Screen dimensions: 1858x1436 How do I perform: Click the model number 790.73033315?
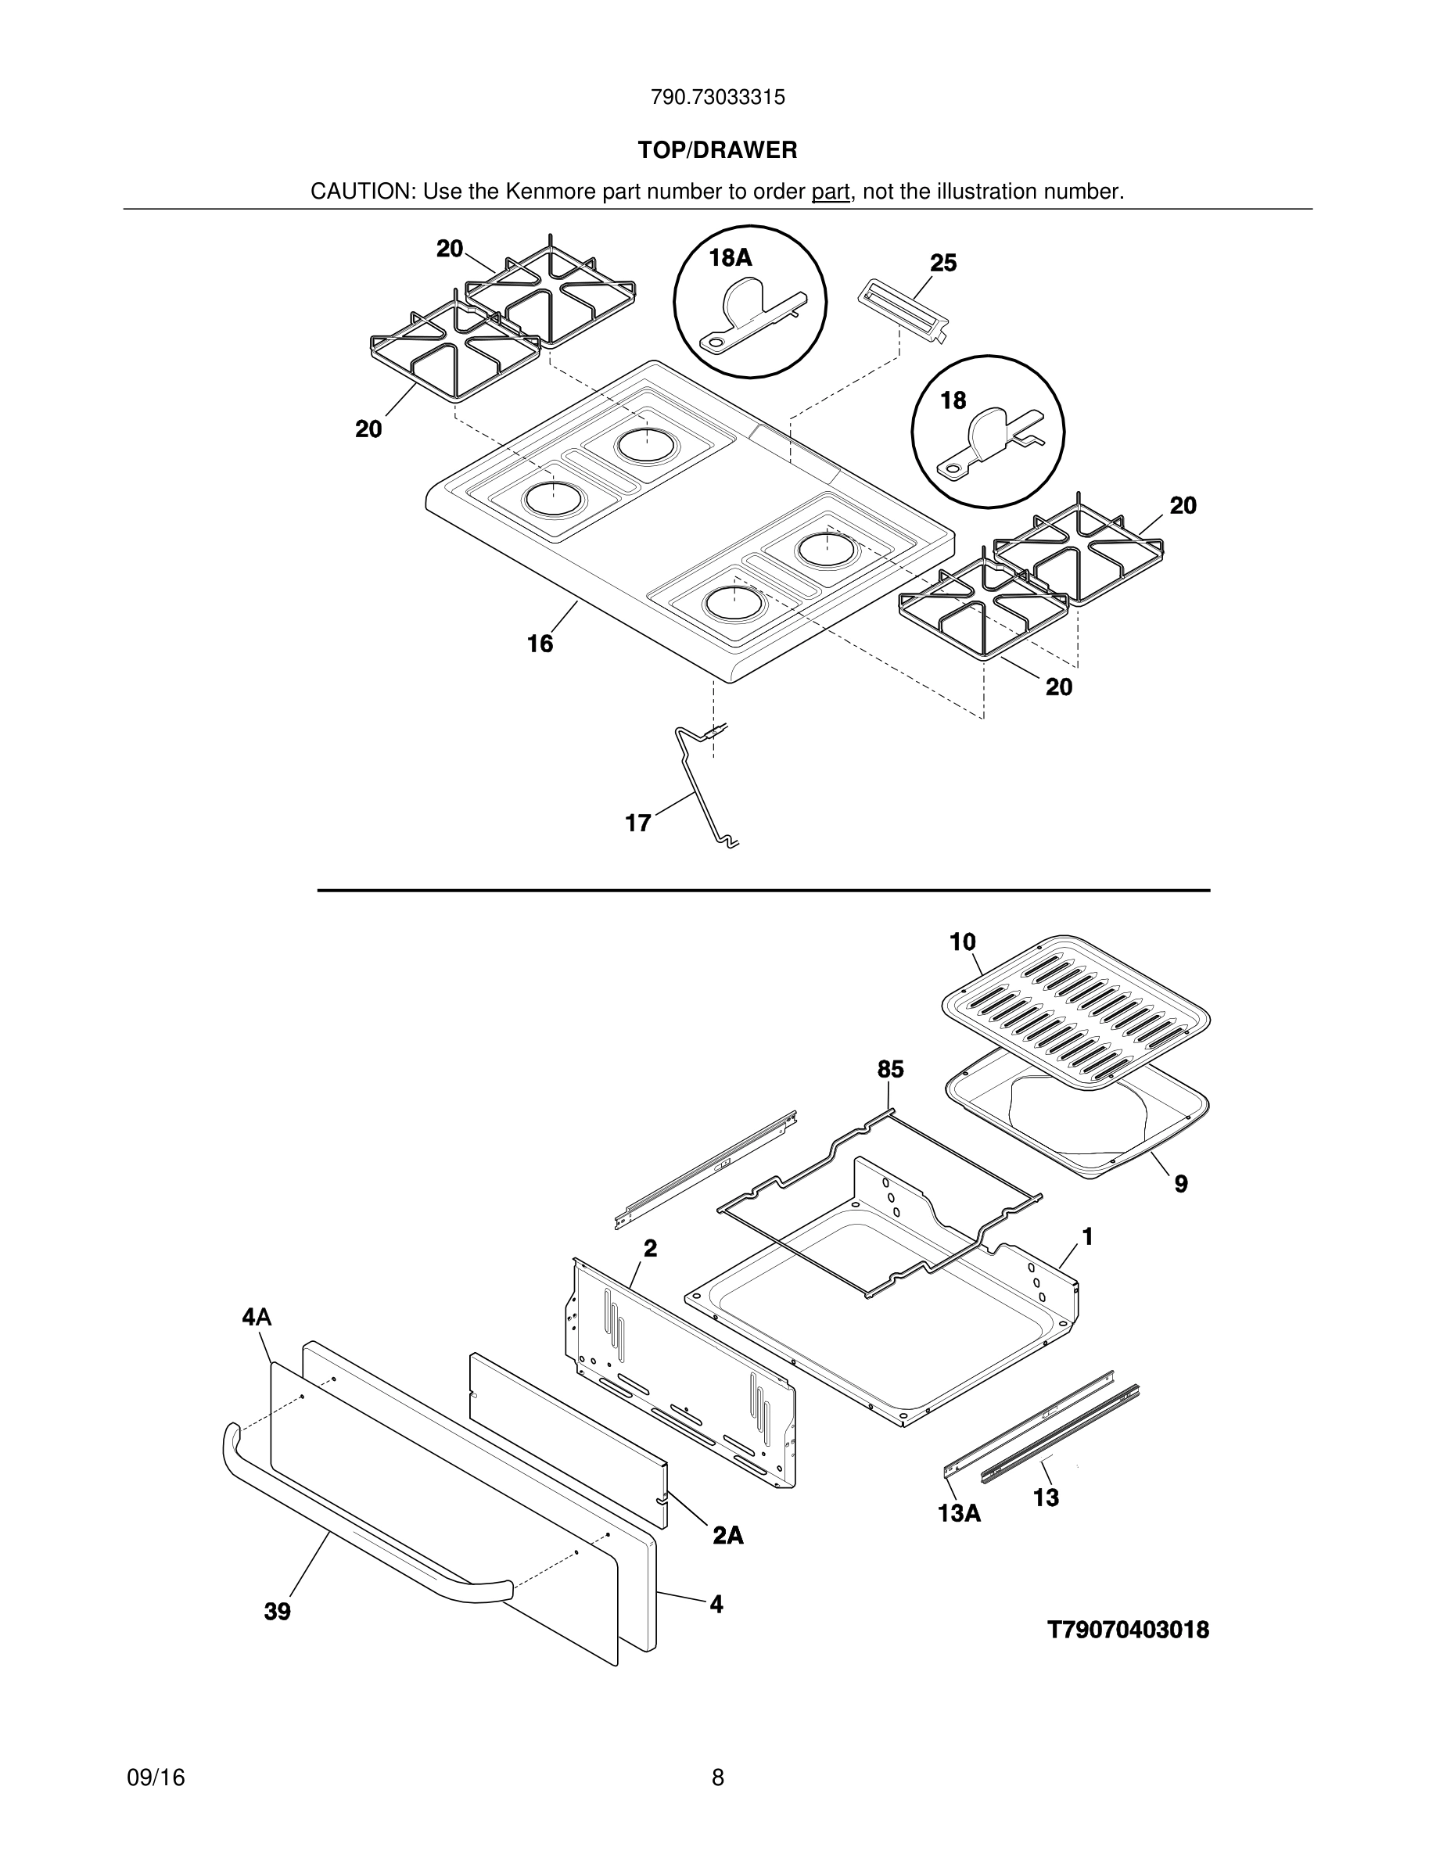pyautogui.click(x=717, y=98)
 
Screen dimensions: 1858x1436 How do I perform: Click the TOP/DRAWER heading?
pyautogui.click(x=717, y=151)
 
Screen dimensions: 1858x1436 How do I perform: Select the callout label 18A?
pyautogui.click(x=730, y=258)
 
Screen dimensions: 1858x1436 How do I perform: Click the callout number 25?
pyautogui.click(x=942, y=263)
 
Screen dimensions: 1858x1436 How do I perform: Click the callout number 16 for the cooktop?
pyautogui.click(x=540, y=644)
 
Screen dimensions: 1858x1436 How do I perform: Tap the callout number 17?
pyautogui.click(x=638, y=823)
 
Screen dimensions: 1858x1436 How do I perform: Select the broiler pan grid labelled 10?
pyautogui.click(x=1076, y=1013)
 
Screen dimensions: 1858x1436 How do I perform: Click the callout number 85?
pyautogui.click(x=890, y=1070)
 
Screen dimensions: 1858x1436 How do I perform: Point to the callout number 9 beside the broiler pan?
pyautogui.click(x=1181, y=1183)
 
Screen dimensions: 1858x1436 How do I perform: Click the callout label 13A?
pyautogui.click(x=959, y=1513)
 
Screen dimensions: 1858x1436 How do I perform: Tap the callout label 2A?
pyautogui.click(x=727, y=1536)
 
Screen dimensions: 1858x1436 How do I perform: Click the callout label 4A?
pyautogui.click(x=256, y=1318)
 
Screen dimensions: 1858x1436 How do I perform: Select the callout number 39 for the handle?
pyautogui.click(x=278, y=1612)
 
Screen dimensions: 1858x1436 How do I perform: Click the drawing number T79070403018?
pyautogui.click(x=1127, y=1630)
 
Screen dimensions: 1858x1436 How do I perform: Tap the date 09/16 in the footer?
pyautogui.click(x=156, y=1778)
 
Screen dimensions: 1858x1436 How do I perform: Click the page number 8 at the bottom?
pyautogui.click(x=717, y=1778)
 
